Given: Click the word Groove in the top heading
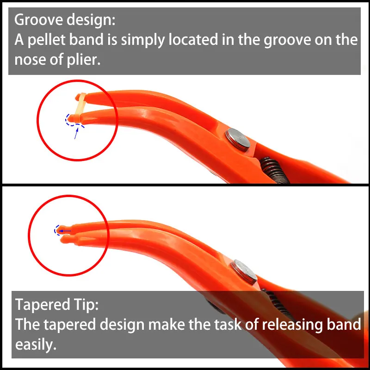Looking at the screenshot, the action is click(x=39, y=19).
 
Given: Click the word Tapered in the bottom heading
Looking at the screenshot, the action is click(x=43, y=305).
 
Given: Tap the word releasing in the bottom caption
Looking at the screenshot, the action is click(x=292, y=325).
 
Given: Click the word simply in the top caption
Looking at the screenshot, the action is click(x=143, y=40).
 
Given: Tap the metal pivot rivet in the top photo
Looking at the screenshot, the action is click(x=237, y=140).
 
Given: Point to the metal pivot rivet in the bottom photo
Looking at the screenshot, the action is click(x=244, y=272).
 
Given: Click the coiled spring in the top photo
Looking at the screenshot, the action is click(x=275, y=170).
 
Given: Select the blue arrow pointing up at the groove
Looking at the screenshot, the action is click(x=76, y=133).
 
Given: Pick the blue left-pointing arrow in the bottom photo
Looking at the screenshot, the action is click(x=64, y=231).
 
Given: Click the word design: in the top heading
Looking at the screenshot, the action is click(x=91, y=20).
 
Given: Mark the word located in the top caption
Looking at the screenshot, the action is click(x=193, y=39).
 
